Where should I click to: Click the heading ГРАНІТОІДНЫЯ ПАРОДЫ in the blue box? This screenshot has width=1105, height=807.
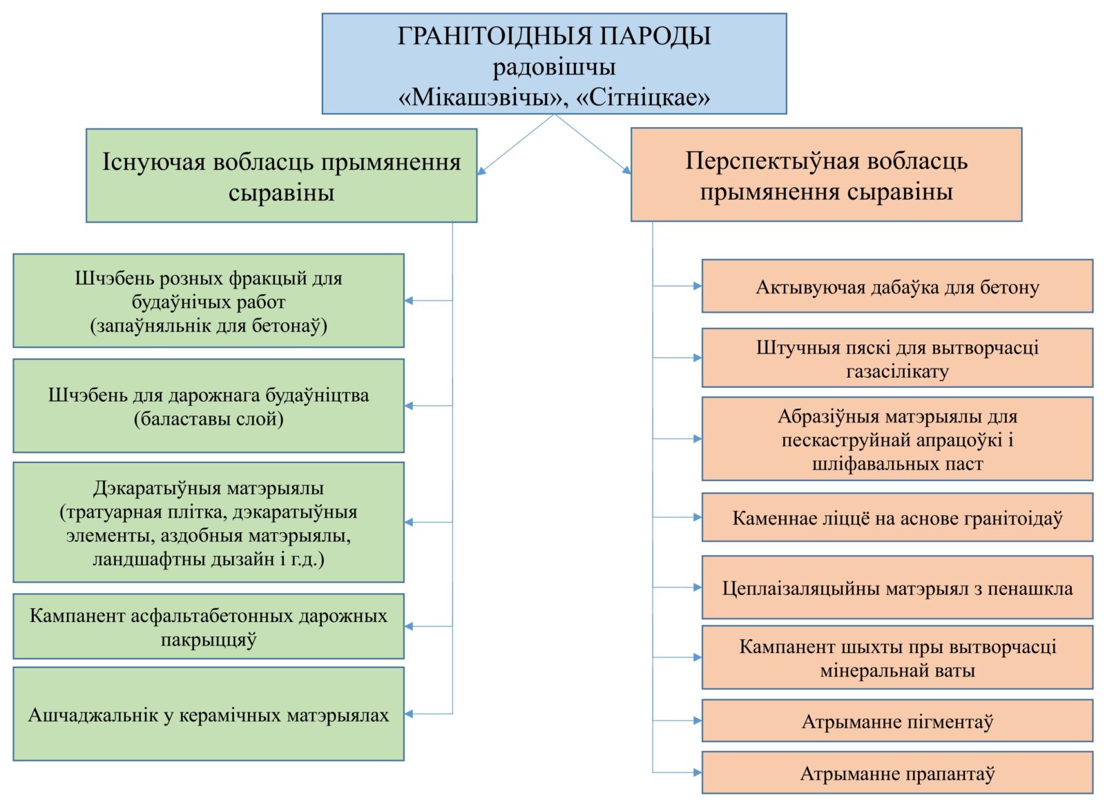[x=554, y=37]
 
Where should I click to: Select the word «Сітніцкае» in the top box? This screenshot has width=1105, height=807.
[x=642, y=97]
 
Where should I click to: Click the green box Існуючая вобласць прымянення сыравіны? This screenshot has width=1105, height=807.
[x=282, y=175]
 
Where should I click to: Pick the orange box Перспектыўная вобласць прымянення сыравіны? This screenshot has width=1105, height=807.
[x=826, y=175]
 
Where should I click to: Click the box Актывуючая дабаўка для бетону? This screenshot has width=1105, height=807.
[x=897, y=286]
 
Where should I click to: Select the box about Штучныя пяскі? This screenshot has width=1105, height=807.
[x=897, y=358]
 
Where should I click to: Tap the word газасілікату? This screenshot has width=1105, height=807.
[x=897, y=371]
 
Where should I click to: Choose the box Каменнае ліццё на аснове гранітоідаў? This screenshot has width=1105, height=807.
[x=897, y=517]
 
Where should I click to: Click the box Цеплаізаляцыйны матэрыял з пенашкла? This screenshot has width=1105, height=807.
[x=897, y=587]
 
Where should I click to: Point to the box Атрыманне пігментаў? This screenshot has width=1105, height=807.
[x=897, y=721]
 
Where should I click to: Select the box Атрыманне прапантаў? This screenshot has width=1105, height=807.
[x=897, y=772]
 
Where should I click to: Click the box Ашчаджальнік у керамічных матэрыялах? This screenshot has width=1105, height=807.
[x=209, y=714]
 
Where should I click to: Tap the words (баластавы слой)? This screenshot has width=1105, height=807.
[x=209, y=418]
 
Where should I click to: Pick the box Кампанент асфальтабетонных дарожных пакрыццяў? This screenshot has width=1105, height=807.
[x=209, y=626]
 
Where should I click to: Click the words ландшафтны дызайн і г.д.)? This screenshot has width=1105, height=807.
[x=209, y=559]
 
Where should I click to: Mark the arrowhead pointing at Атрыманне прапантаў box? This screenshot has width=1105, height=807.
[x=698, y=772]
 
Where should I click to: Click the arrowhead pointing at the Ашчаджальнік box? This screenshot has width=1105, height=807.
[x=409, y=714]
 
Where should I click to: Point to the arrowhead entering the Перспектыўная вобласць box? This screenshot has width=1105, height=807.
[x=627, y=170]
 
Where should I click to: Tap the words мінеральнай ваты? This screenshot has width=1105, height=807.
[x=897, y=670]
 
